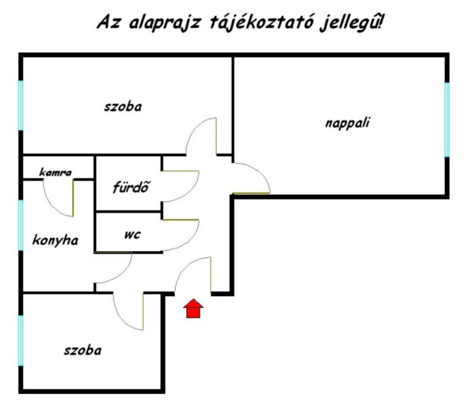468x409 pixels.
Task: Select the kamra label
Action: click(x=55, y=172)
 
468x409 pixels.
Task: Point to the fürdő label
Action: click(x=131, y=187)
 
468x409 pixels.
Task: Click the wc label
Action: click(x=133, y=235)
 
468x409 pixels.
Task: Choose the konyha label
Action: click(x=55, y=240)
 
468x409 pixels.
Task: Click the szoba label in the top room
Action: click(x=122, y=106)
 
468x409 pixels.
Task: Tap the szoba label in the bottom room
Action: click(x=83, y=350)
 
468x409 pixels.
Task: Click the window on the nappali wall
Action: click(x=447, y=120)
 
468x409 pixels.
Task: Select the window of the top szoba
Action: click(x=21, y=105)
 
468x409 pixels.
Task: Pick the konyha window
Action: click(x=21, y=225)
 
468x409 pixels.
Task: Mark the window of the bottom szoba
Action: click(x=21, y=341)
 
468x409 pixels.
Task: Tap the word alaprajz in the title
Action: click(x=165, y=23)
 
